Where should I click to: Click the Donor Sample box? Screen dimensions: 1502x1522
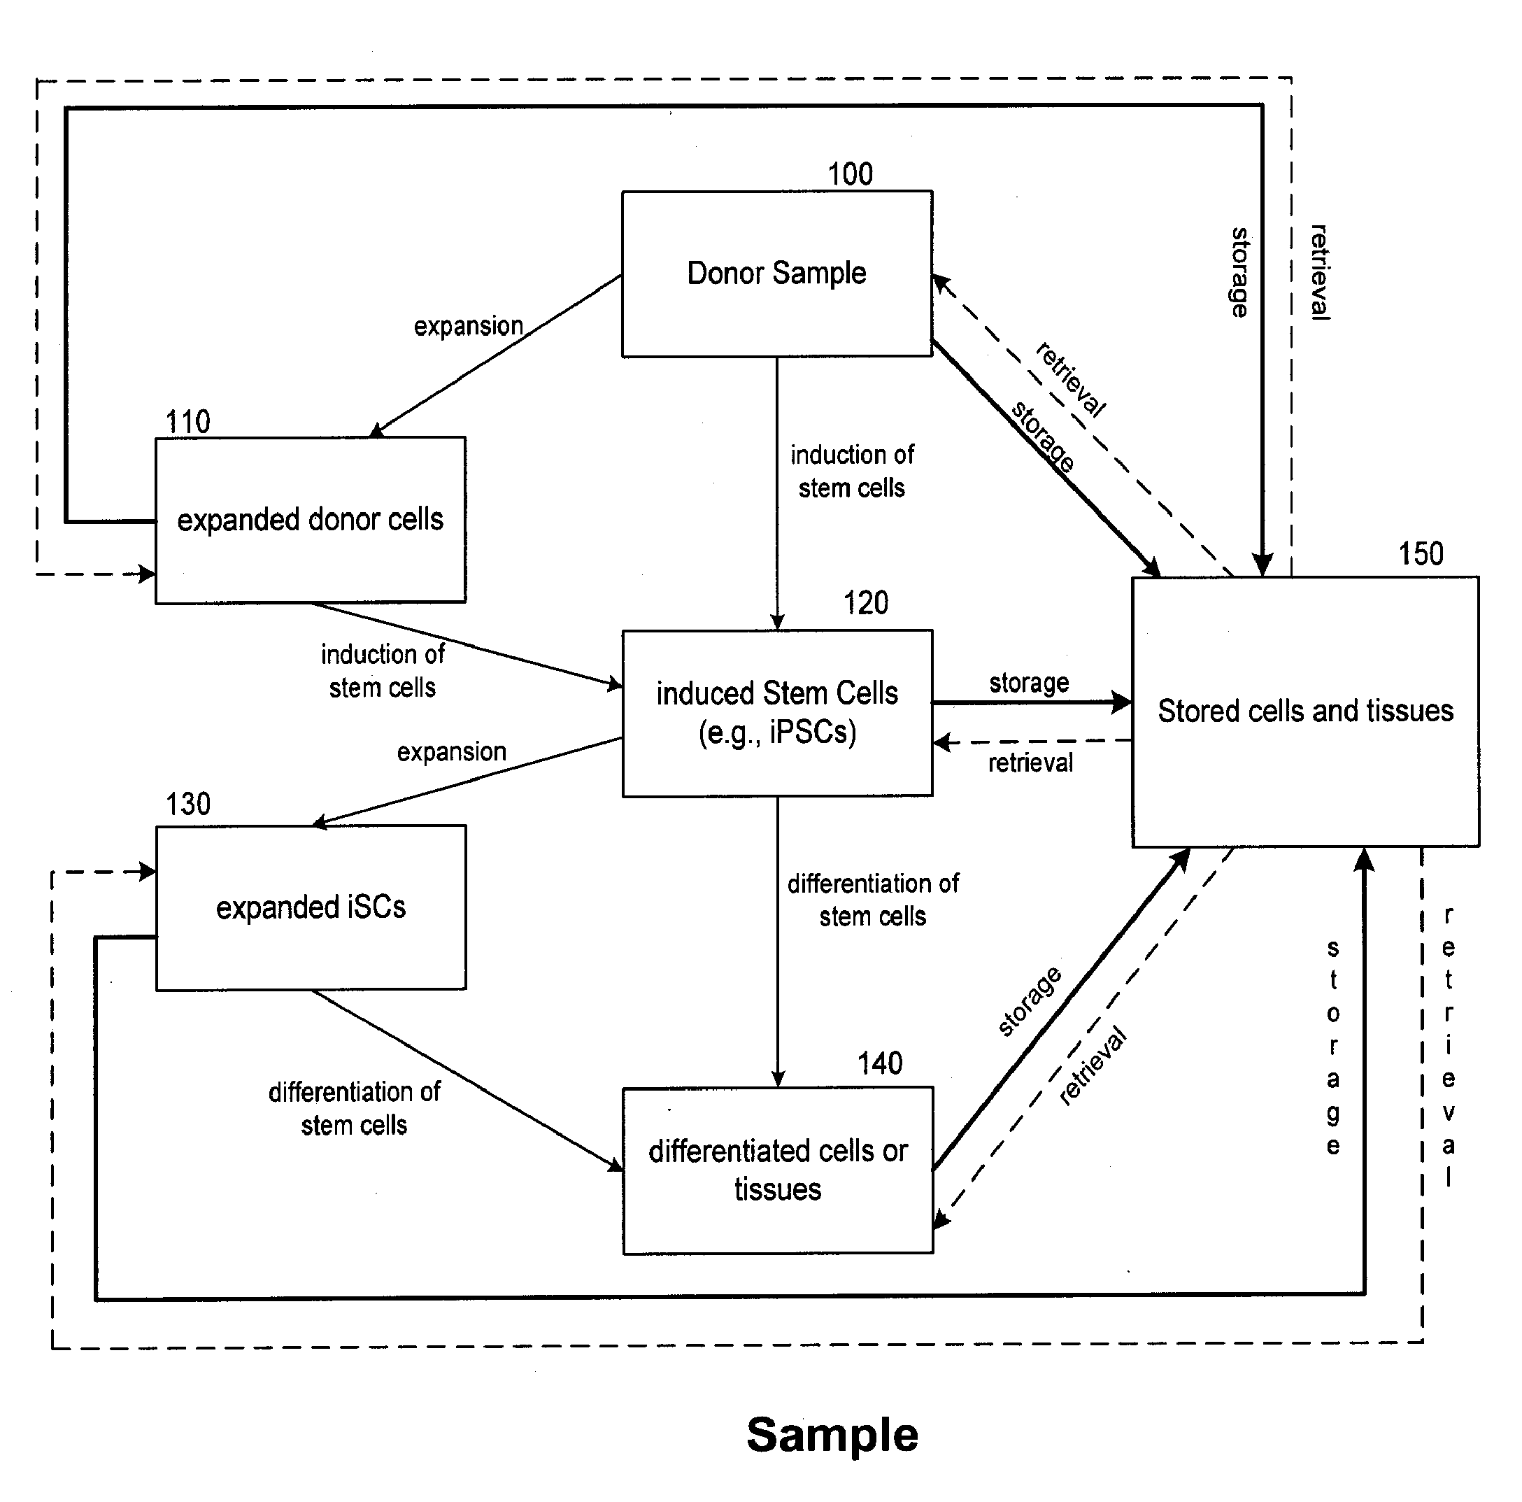[777, 274]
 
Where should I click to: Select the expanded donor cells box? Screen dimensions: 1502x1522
[311, 520]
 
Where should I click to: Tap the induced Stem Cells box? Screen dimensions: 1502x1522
[777, 712]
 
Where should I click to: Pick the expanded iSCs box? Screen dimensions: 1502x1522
[311, 907]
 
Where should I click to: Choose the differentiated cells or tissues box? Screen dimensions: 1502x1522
[778, 1170]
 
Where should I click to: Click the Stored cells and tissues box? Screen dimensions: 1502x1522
[1305, 711]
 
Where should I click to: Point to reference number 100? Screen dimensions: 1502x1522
[850, 174]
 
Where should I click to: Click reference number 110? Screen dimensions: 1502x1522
[187, 422]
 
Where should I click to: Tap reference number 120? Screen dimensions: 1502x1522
[866, 603]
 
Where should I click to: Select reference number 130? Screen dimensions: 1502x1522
[187, 804]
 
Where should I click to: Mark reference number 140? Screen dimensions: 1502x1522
[880, 1064]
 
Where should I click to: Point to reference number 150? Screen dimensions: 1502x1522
[1421, 554]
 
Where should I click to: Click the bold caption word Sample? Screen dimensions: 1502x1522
[832, 1434]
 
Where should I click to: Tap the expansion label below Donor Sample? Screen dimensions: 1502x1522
[468, 326]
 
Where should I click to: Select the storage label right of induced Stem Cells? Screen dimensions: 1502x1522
[1029, 682]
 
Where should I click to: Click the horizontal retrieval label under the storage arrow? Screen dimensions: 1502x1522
[1030, 763]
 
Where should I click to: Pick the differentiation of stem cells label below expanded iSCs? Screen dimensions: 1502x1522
[355, 1108]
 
